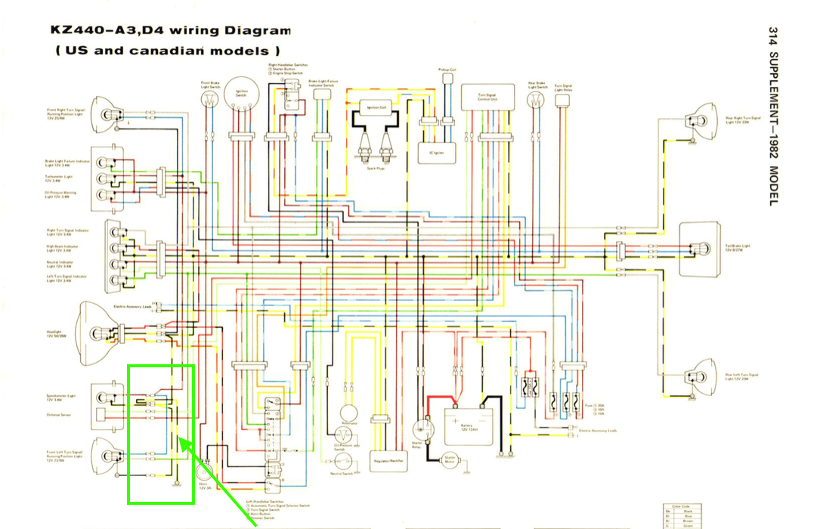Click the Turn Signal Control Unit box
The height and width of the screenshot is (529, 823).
[487, 97]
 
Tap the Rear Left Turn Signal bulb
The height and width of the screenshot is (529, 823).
[696, 377]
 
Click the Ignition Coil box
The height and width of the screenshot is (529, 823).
[377, 107]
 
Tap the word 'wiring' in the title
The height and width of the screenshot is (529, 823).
[193, 31]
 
